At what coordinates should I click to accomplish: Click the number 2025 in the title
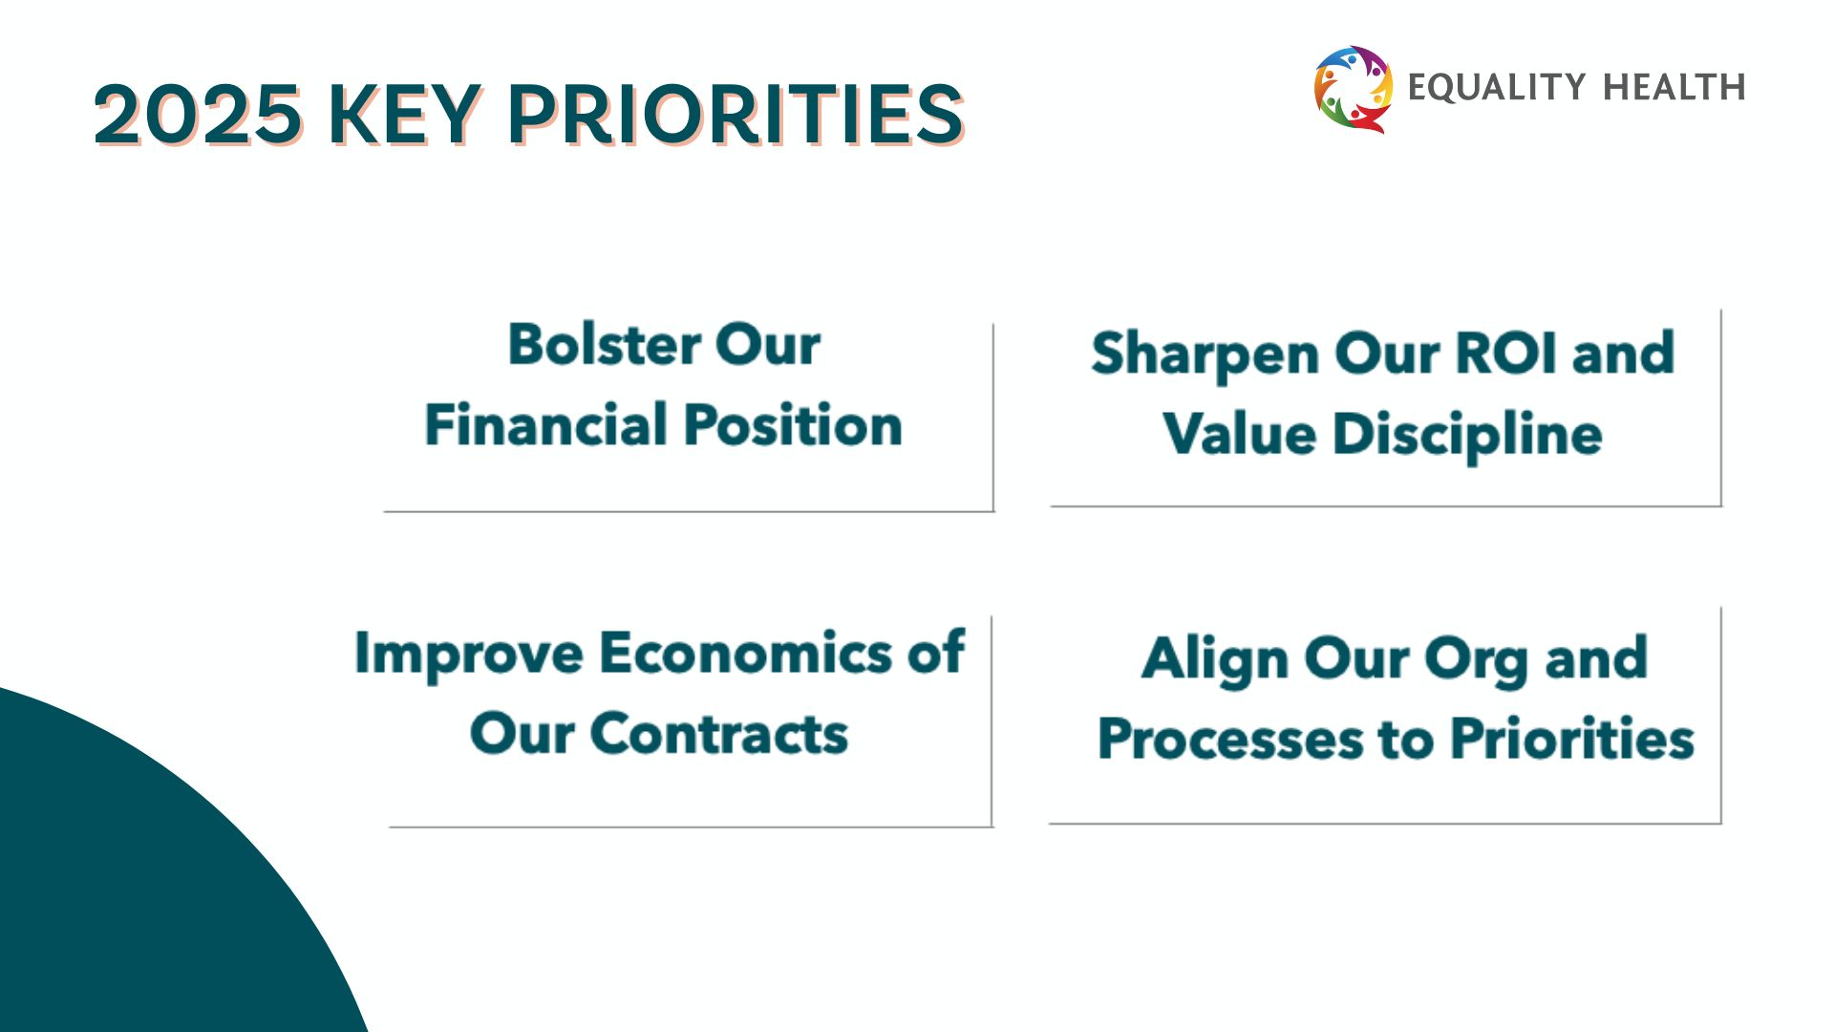click(x=199, y=115)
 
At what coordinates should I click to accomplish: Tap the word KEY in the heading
click(x=405, y=115)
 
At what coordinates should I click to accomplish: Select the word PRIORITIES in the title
click(x=736, y=115)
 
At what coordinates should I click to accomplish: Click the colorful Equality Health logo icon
click(x=1354, y=89)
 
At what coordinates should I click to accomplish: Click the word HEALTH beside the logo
click(x=1674, y=87)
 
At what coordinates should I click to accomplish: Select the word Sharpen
click(x=1205, y=355)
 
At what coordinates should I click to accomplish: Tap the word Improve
click(x=468, y=655)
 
